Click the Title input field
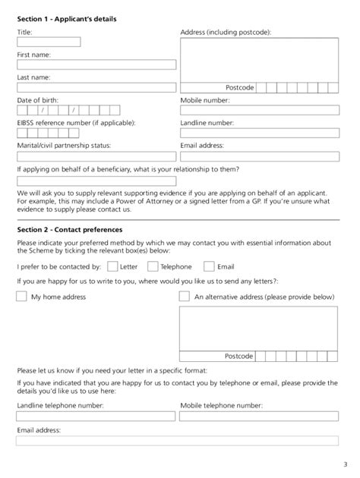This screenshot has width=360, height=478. click(x=48, y=42)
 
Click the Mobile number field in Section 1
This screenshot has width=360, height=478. click(x=259, y=111)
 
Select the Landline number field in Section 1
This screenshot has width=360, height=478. click(x=259, y=133)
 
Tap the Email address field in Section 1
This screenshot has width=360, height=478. click(x=259, y=156)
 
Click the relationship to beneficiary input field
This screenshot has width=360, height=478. click(x=96, y=181)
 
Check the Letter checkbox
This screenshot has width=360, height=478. click(x=112, y=266)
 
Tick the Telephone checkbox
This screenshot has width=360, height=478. click(x=153, y=266)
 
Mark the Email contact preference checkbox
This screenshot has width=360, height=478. click(x=209, y=266)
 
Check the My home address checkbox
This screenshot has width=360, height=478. click(x=21, y=297)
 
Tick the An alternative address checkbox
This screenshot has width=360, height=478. click(x=184, y=297)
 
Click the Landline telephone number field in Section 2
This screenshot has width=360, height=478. click(x=96, y=417)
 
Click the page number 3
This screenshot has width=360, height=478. click(x=343, y=464)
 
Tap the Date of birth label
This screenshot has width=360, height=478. click(x=37, y=99)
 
